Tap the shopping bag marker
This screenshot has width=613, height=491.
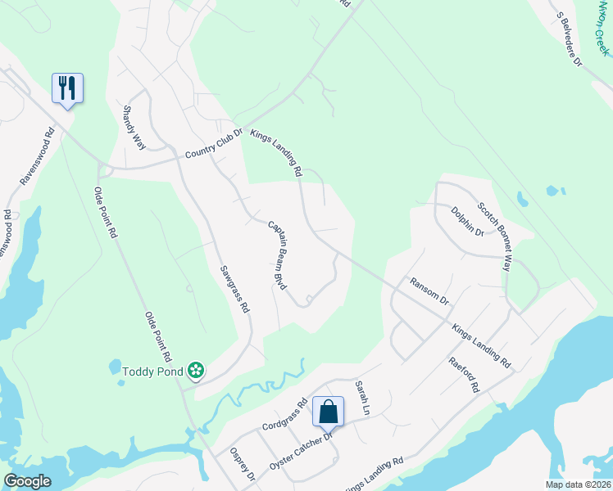click(x=328, y=412)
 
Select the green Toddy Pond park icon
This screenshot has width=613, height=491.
click(x=195, y=372)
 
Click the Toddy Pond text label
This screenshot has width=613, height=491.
click(x=152, y=372)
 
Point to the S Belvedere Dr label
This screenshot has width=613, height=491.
click(x=569, y=39)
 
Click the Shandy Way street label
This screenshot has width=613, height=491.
click(x=134, y=127)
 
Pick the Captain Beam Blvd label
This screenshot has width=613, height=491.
click(x=279, y=255)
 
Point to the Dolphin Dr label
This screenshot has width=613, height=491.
click(x=468, y=221)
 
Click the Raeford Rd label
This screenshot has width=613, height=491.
click(x=463, y=375)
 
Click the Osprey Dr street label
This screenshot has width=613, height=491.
click(x=243, y=465)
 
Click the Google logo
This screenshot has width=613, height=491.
click(x=28, y=480)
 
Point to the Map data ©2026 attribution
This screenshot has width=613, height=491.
click(x=578, y=484)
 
